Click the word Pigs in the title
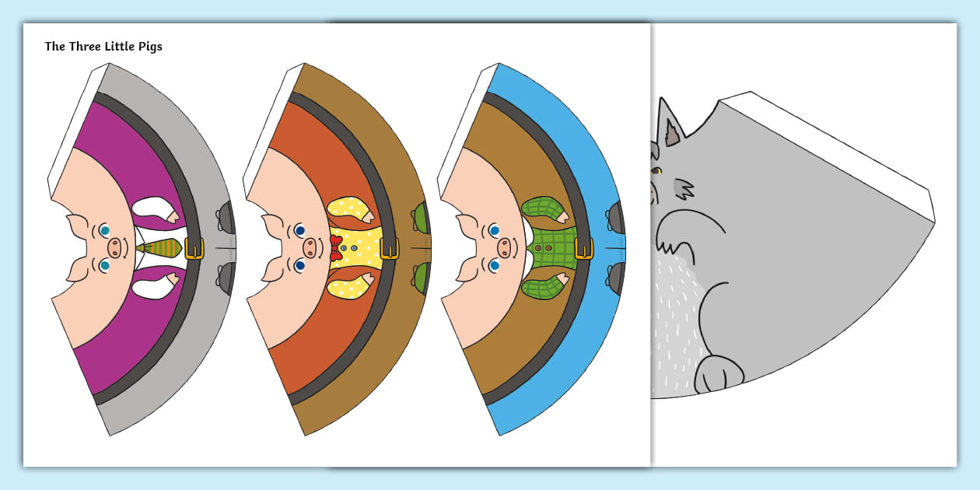[148, 47]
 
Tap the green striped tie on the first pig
[159, 249]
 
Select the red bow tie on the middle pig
[336, 249]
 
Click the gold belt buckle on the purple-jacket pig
[194, 248]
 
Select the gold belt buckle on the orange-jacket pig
[390, 248]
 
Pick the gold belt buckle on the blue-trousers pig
[584, 248]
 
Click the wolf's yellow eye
[657, 171]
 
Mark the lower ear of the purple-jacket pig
[78, 268]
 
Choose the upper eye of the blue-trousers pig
[494, 230]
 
